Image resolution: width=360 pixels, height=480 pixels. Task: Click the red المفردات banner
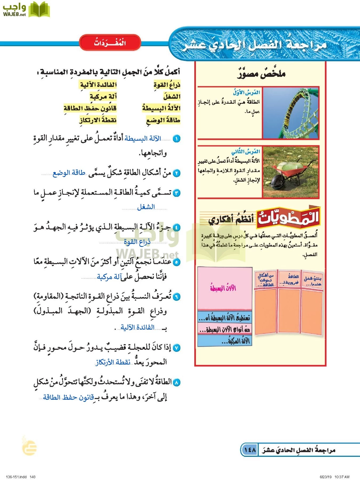click(110, 43)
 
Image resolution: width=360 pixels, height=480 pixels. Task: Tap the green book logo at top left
click(39, 10)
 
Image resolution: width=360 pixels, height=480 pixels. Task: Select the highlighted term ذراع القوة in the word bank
click(167, 85)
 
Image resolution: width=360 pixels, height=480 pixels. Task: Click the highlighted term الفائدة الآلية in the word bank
click(98, 85)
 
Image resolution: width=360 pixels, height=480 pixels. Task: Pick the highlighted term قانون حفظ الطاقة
click(90, 108)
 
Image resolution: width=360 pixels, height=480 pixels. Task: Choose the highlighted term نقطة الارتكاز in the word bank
click(98, 120)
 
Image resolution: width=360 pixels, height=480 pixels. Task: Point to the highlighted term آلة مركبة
click(103, 97)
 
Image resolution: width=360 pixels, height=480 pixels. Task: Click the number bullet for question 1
click(176, 139)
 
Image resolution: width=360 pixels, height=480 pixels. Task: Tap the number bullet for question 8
click(176, 382)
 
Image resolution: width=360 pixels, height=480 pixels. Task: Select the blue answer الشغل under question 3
click(146, 207)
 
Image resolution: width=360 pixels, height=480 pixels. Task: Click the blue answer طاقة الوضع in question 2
click(69, 173)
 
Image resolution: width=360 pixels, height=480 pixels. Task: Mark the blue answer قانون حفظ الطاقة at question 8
click(68, 397)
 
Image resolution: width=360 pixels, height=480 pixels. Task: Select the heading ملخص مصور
click(261, 73)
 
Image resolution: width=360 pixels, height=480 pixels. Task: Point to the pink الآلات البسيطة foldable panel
click(225, 288)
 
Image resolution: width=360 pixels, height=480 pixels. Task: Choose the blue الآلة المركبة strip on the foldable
click(225, 341)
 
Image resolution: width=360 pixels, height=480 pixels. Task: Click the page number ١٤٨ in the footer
click(250, 450)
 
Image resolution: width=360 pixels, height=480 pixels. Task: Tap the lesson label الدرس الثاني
click(245, 151)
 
